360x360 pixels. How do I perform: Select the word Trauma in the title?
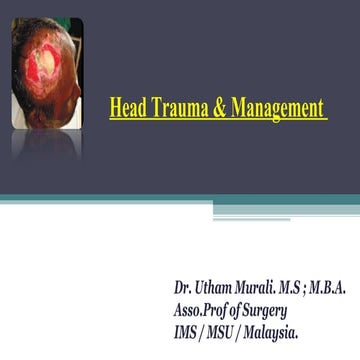pos(175,106)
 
